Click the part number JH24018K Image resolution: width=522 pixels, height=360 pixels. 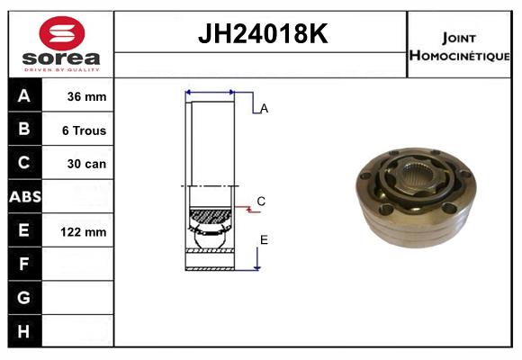(262, 34)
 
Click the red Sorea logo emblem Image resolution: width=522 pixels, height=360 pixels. (61, 33)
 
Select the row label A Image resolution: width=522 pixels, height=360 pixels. (24, 96)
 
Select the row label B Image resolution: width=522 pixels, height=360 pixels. (24, 130)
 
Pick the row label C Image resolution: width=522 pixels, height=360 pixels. (24, 163)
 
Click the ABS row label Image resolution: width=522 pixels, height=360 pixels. (24, 197)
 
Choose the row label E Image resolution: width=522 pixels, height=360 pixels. (24, 231)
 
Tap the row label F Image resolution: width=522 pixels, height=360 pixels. (24, 265)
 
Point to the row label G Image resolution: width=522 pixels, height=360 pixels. (24, 298)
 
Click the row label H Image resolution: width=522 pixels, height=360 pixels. (24, 331)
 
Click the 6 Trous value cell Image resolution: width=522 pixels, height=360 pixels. (85, 130)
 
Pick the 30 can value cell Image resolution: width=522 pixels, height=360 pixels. (85, 164)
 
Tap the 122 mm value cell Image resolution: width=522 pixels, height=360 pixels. (85, 232)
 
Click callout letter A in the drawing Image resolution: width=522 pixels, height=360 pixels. (264, 109)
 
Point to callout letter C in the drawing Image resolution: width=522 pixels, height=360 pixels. (261, 202)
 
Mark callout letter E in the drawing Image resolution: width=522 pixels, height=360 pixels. (264, 239)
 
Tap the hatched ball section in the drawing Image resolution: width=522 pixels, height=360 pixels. (210, 217)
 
